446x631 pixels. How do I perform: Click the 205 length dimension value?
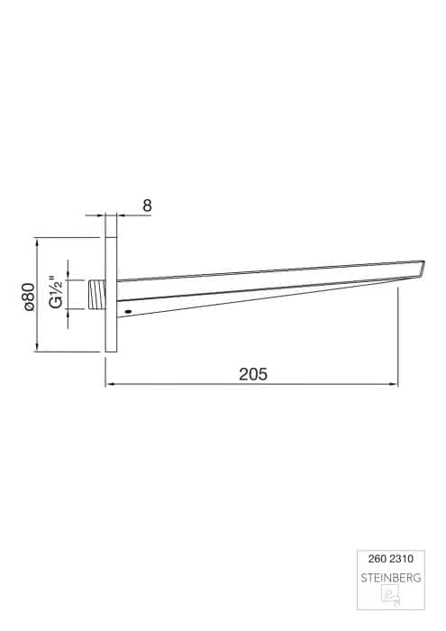coord(253,374)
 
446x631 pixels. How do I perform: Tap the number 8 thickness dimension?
coord(147,206)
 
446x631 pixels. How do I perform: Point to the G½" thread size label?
coord(56,292)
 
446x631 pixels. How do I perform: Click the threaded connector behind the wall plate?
coord(96,294)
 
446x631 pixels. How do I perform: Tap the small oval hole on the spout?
coord(128,312)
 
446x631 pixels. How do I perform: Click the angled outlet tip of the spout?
coord(422,269)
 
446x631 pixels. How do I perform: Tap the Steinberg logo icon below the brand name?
coord(390,595)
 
